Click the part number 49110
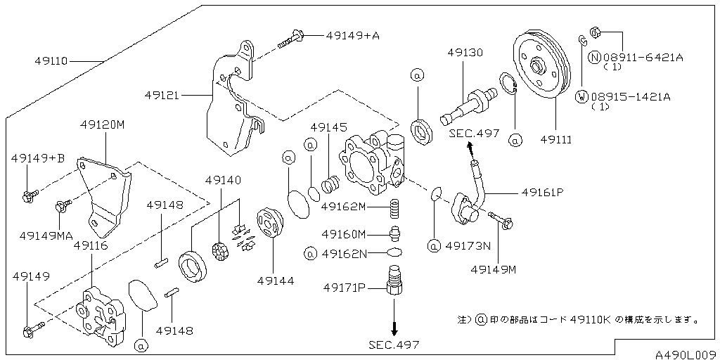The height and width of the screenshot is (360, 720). click(x=51, y=61)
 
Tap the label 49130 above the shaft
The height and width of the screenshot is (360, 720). click(x=465, y=53)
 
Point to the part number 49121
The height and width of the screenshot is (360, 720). click(x=164, y=94)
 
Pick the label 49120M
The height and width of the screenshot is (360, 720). click(x=102, y=124)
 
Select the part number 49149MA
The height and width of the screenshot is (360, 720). click(x=46, y=236)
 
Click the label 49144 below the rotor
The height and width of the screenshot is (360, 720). click(x=275, y=281)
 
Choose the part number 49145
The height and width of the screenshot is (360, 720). click(x=328, y=127)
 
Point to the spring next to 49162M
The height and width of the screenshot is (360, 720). click(x=394, y=209)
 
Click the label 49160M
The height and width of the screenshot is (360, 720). click(x=344, y=234)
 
